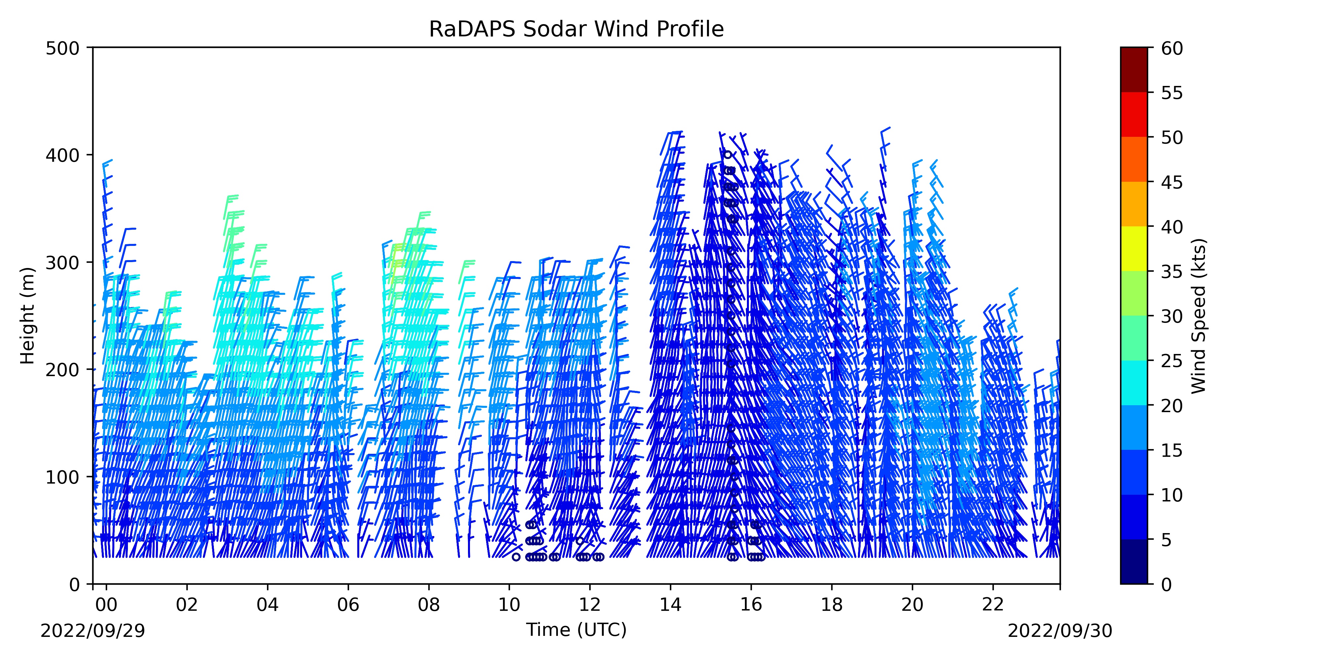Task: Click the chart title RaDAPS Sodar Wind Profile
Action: (x=576, y=29)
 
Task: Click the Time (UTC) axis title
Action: (x=576, y=630)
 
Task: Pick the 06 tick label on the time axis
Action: (x=348, y=605)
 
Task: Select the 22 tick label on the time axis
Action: (x=993, y=605)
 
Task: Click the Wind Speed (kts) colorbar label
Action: (x=1199, y=316)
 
